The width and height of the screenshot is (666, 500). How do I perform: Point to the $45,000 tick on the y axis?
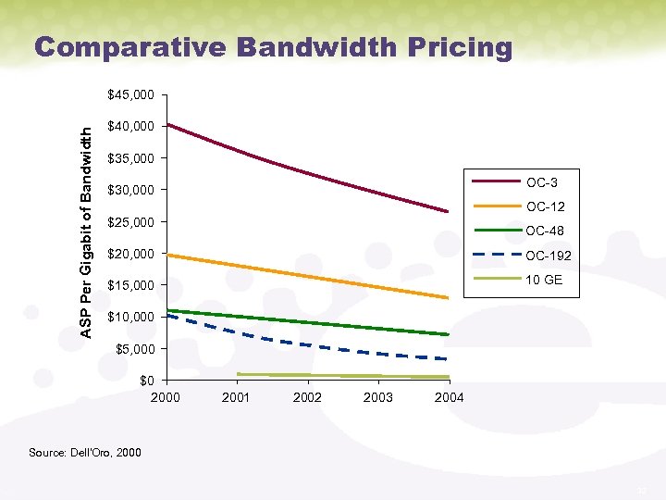[x=130, y=94]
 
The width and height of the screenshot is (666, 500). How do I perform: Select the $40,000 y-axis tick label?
[x=130, y=126]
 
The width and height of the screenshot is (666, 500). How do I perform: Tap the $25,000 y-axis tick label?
[x=130, y=222]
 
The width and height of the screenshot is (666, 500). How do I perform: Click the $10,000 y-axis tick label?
[x=130, y=318]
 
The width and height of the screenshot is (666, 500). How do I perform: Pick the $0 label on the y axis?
[x=146, y=381]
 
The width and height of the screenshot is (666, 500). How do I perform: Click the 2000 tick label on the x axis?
[x=166, y=397]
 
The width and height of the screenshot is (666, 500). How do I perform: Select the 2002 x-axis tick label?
[x=307, y=397]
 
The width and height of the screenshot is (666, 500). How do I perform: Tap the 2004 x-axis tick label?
[x=449, y=397]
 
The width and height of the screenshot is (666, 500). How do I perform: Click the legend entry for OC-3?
[x=540, y=181]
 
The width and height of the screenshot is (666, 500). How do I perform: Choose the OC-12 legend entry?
[x=544, y=206]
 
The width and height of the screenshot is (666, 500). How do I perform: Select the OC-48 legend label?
[x=544, y=231]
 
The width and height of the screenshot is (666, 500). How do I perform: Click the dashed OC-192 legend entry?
[x=548, y=256]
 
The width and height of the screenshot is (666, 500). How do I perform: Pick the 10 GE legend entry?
[x=544, y=280]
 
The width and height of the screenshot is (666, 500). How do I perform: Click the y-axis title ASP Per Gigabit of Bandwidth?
[x=85, y=220]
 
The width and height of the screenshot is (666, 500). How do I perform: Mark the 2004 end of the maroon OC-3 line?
[x=448, y=212]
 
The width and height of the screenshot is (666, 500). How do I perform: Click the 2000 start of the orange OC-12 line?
[x=166, y=255]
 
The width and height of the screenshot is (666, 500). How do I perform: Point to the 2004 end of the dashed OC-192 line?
[x=448, y=358]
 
